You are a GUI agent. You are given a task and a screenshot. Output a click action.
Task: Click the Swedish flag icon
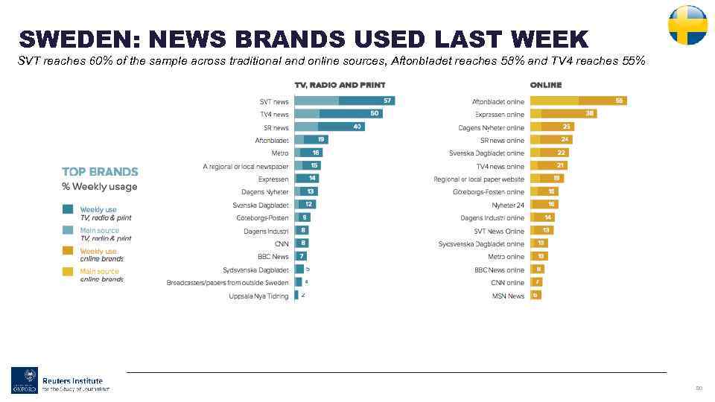click(687, 25)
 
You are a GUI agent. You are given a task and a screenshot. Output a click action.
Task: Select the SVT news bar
click(344, 101)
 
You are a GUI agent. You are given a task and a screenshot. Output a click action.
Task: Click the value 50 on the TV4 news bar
click(375, 114)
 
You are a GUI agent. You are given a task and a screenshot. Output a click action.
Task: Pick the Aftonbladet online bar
click(578, 101)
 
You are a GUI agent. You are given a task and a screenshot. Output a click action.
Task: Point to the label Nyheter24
click(508, 205)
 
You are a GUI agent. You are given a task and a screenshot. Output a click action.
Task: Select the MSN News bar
click(535, 296)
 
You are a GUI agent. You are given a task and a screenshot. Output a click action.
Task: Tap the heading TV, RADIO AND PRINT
click(340, 85)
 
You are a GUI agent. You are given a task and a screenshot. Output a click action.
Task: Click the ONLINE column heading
click(545, 85)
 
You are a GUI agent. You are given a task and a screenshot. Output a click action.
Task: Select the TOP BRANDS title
click(100, 172)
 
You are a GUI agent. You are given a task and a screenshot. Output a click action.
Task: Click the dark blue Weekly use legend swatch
click(68, 210)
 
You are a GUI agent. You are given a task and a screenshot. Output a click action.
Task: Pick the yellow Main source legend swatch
click(68, 272)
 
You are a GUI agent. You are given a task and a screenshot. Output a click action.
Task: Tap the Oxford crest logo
click(24, 380)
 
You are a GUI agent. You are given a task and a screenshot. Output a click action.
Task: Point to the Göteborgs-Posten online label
click(489, 192)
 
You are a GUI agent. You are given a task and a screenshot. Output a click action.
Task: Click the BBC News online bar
click(536, 269)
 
